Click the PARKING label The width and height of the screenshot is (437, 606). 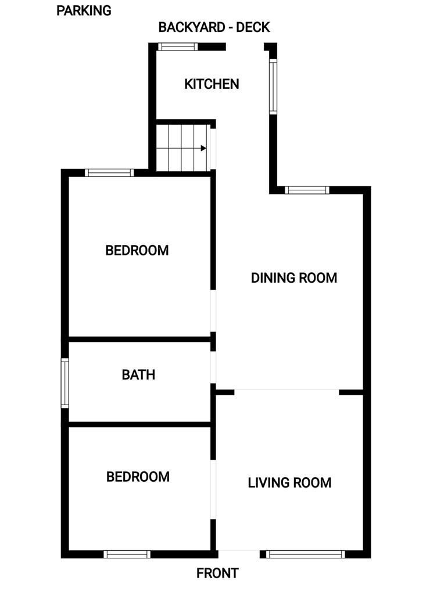click(x=84, y=10)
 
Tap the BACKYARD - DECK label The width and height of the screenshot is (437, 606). click(x=214, y=27)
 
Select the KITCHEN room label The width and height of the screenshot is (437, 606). click(x=212, y=84)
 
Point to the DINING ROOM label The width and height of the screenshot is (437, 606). click(x=293, y=278)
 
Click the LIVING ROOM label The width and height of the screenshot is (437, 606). click(x=289, y=482)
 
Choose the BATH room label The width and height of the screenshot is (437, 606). click(x=138, y=375)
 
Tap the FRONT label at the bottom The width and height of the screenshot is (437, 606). click(x=217, y=573)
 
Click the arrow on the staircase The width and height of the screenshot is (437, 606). click(x=203, y=148)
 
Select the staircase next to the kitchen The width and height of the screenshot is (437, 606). click(x=182, y=148)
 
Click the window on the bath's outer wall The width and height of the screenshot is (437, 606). click(x=65, y=383)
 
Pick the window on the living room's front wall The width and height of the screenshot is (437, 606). click(x=305, y=554)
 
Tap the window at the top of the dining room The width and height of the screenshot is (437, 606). click(x=307, y=190)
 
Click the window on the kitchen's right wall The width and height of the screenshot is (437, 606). click(x=272, y=86)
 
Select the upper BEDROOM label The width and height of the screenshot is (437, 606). click(x=137, y=251)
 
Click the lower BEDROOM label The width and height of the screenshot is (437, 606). click(x=138, y=477)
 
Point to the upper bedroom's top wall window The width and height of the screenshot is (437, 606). click(x=109, y=172)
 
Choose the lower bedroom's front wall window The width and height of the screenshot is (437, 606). click(x=127, y=554)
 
